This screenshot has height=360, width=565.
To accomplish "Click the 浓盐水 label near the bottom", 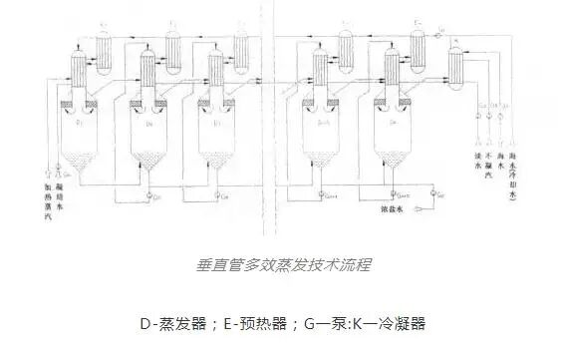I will pyautogui.click(x=393, y=209).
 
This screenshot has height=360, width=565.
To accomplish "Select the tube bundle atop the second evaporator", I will pyautogui.click(x=149, y=75).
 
